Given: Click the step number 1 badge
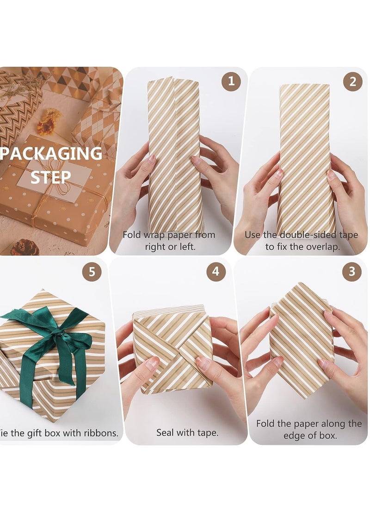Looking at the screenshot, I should [x=231, y=82].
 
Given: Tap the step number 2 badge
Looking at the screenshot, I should [x=352, y=82].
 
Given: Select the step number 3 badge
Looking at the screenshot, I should [x=351, y=272].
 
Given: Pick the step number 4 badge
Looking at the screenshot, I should [x=216, y=272].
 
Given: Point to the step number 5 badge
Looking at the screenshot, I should [x=92, y=272].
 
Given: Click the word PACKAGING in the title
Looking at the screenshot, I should [x=51, y=154].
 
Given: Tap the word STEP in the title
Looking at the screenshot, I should [x=51, y=177].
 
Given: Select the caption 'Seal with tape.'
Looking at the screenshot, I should [x=187, y=433].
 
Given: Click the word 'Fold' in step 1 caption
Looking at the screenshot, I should [x=132, y=235].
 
